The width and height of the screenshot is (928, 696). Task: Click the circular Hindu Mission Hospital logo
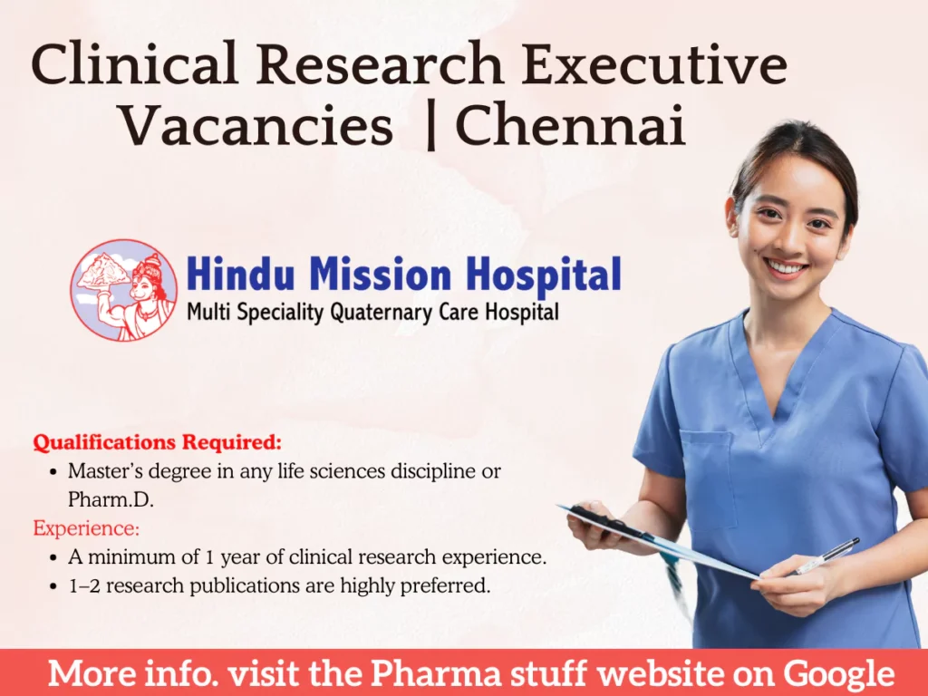point(124,290)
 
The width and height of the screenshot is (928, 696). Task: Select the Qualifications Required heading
point(158,443)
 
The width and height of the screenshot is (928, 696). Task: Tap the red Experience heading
point(86,527)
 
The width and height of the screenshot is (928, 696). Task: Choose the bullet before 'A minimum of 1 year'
point(56,557)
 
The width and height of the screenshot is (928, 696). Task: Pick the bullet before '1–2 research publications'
point(56,586)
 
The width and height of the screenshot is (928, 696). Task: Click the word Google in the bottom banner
point(839,673)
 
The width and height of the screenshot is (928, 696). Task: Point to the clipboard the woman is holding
point(662,544)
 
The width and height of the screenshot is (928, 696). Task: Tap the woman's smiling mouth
point(785,267)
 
